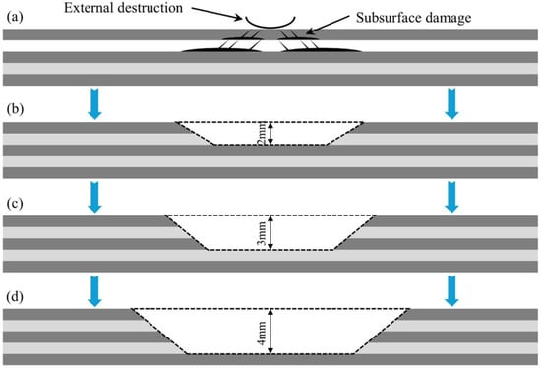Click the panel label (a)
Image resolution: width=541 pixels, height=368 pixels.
point(15,17)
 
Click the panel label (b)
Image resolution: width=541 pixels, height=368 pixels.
point(15,109)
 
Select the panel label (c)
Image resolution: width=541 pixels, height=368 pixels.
point(15,203)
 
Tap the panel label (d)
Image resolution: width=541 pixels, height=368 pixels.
point(15,297)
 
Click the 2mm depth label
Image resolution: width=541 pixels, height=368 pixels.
point(263,133)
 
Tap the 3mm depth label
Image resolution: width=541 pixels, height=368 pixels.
point(263,233)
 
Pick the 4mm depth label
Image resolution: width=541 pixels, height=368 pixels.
point(263,333)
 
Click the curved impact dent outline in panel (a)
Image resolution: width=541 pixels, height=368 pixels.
point(270,26)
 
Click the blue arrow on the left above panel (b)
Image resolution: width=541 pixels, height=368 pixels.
point(94,104)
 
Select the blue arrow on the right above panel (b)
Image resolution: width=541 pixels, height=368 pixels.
point(451,104)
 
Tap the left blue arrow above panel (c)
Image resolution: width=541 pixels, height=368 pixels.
point(94,197)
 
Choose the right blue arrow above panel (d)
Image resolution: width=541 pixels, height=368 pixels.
point(451,291)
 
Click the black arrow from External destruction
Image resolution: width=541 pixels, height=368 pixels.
point(217,13)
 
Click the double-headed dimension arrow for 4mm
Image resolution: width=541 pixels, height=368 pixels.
point(270,332)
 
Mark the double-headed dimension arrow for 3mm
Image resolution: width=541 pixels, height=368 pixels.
point(270,232)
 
